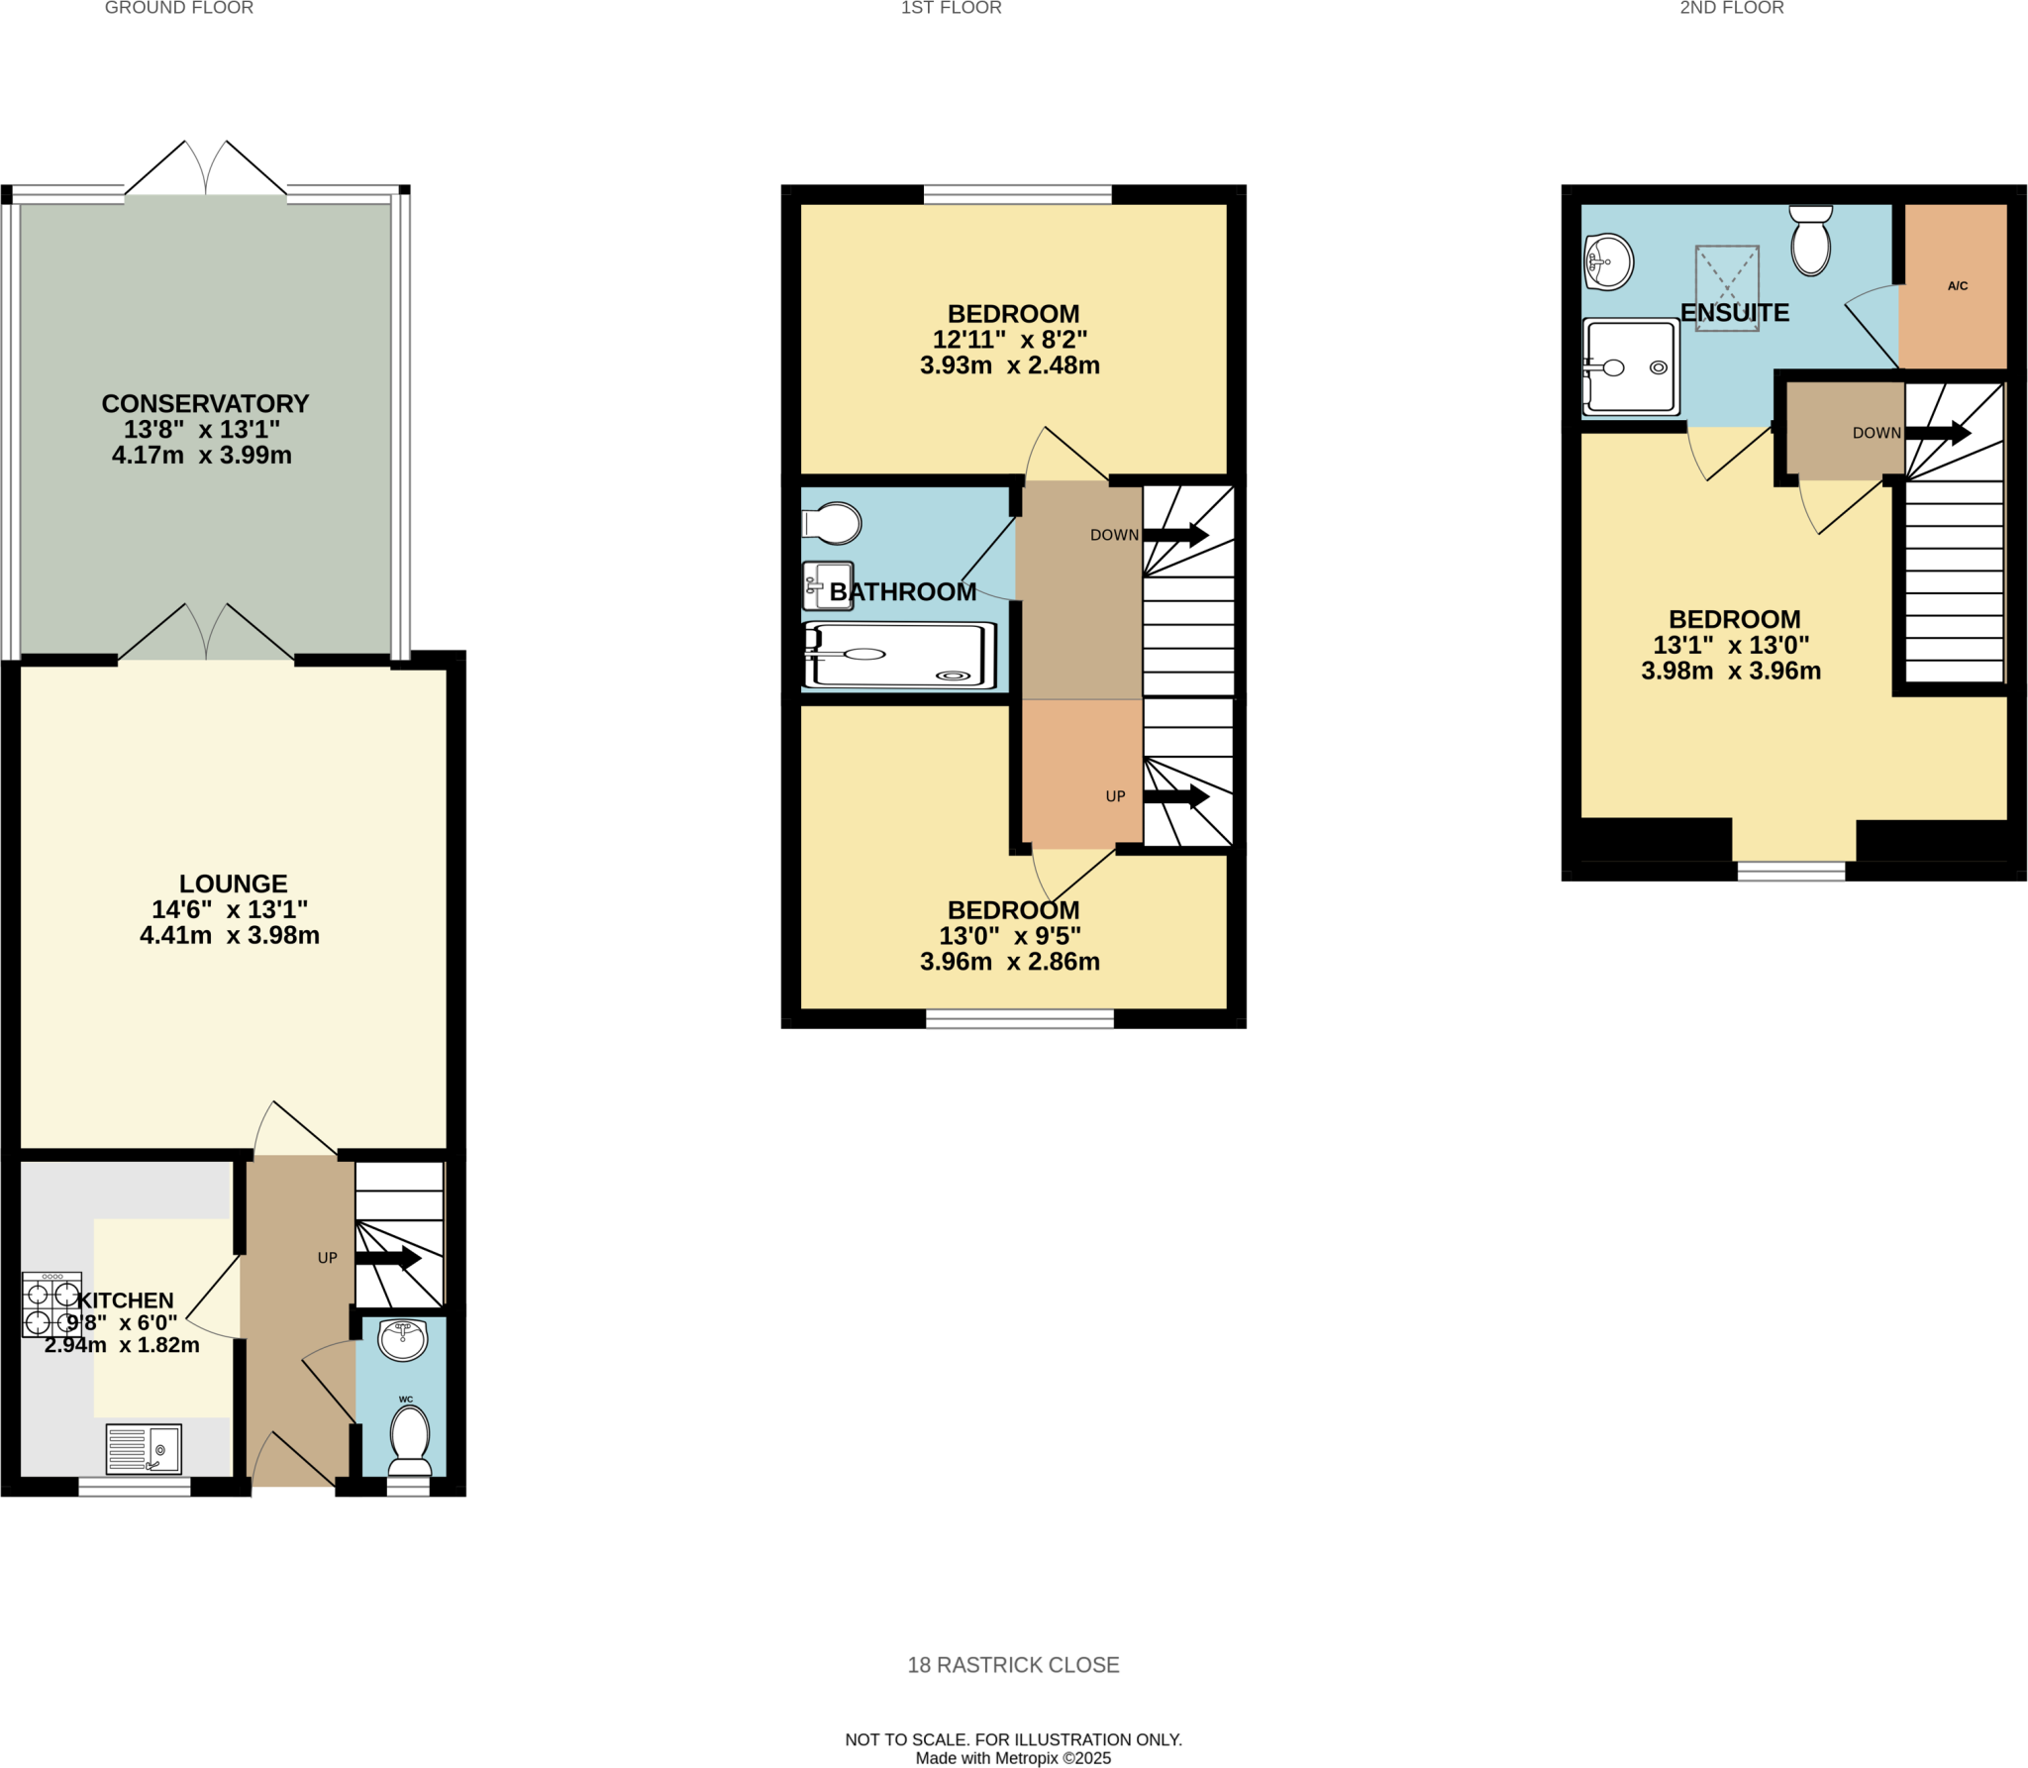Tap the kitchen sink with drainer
click(144, 1449)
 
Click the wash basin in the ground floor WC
click(403, 1340)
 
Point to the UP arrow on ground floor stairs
click(387, 1258)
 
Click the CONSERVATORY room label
click(205, 403)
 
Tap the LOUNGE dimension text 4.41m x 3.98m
click(230, 935)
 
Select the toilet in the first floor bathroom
click(833, 523)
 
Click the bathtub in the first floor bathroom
click(899, 655)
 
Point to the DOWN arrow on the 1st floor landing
click(1175, 535)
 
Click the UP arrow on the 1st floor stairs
click(1175, 796)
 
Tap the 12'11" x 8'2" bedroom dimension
click(1009, 339)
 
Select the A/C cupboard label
click(1957, 286)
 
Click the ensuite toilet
click(1810, 241)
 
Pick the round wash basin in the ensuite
click(1608, 261)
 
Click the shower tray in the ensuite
click(1631, 366)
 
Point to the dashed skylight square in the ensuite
click(1727, 287)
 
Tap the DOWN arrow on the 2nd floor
click(1937, 433)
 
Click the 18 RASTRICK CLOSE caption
click(1013, 1665)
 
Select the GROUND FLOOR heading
click(179, 8)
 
